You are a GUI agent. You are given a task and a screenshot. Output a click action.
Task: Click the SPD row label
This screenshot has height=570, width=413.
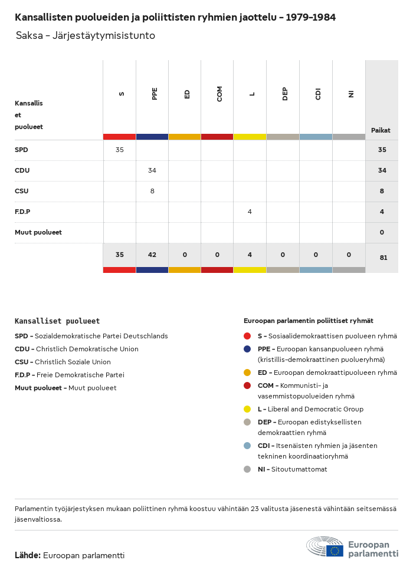pyautogui.click(x=22, y=150)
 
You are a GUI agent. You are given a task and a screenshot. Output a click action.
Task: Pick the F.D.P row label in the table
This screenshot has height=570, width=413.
pyautogui.click(x=22, y=212)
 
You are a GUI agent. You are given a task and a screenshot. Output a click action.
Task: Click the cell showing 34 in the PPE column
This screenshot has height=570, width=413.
pyautogui.click(x=152, y=170)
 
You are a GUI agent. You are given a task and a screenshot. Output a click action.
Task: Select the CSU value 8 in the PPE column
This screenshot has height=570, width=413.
pyautogui.click(x=152, y=191)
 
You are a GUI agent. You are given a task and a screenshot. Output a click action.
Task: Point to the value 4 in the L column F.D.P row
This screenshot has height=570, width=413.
pyautogui.click(x=250, y=212)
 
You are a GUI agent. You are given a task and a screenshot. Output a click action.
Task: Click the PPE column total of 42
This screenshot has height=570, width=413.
pyautogui.click(x=152, y=255)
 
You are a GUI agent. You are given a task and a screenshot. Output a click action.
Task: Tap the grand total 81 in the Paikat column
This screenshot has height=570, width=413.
pyautogui.click(x=383, y=258)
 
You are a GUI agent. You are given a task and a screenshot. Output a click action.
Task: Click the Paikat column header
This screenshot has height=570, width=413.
pyautogui.click(x=381, y=130)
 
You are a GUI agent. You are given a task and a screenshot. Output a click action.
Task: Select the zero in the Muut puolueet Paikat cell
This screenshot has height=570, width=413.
pyautogui.click(x=382, y=232)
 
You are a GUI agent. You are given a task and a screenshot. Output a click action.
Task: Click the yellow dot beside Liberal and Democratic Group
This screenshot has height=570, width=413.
pyautogui.click(x=247, y=409)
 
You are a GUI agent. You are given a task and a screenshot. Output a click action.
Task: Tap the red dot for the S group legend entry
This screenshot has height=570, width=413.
pyautogui.click(x=247, y=336)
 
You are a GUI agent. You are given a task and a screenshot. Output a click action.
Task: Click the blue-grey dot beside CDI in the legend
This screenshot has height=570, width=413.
pyautogui.click(x=247, y=446)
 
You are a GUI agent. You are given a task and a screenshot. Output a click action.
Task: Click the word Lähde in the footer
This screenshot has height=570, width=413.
pyautogui.click(x=28, y=555)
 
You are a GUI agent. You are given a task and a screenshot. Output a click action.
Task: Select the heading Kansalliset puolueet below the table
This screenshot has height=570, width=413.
pyautogui.click(x=57, y=321)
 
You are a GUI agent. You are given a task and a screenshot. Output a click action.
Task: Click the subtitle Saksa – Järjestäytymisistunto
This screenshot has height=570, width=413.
pyautogui.click(x=86, y=36)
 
